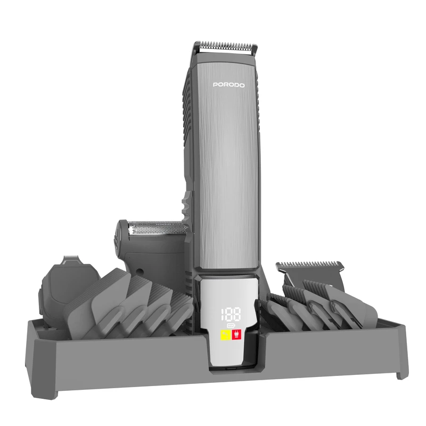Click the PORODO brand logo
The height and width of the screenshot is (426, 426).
tap(229, 85)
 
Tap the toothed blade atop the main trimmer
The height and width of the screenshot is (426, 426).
tap(228, 47)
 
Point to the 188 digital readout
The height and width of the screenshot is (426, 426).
tap(231, 314)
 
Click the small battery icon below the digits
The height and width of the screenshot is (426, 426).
tap(231, 325)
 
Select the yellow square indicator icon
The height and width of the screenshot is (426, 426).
tap(225, 335)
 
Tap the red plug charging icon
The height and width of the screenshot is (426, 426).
tap(236, 335)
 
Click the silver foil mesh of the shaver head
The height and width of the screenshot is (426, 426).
tap(158, 228)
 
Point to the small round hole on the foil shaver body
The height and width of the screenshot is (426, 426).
tap(140, 271)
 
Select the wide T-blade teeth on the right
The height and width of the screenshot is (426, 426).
tap(310, 264)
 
